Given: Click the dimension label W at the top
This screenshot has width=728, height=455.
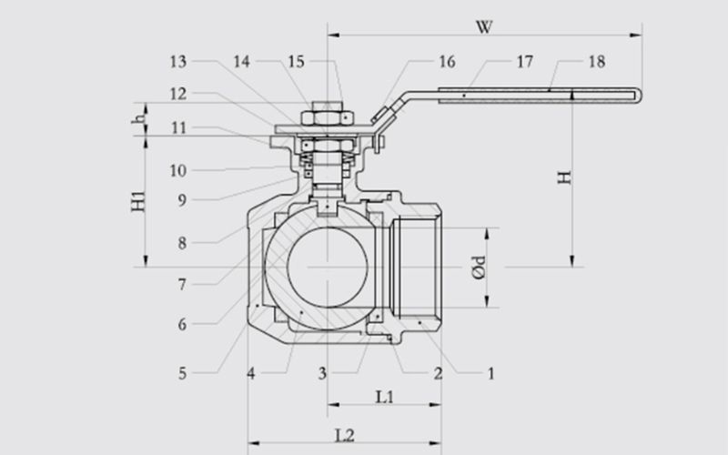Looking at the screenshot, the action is [x=484, y=27].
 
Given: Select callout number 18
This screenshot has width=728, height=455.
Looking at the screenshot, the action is [x=597, y=62].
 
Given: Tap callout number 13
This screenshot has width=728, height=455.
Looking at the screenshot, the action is [x=178, y=62].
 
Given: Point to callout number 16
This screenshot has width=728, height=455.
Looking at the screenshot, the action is [x=447, y=62].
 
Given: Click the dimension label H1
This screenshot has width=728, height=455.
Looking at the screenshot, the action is [x=138, y=202].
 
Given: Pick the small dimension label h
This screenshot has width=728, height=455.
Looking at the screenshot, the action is [x=138, y=119].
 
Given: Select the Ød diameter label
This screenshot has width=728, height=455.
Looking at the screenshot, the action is [x=479, y=268].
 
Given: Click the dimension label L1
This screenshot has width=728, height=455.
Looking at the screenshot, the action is [x=384, y=397].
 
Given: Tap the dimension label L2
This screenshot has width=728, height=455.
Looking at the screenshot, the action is [x=345, y=436].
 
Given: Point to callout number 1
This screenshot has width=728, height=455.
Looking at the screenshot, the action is [x=490, y=373].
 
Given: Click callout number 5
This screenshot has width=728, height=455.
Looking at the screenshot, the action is [x=183, y=373].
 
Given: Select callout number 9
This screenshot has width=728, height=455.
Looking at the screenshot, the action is [x=183, y=200].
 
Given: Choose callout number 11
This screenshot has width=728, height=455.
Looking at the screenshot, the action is [x=178, y=127].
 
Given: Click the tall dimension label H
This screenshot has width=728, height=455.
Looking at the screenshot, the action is [x=564, y=177].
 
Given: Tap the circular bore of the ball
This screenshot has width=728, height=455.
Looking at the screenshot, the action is [x=328, y=267].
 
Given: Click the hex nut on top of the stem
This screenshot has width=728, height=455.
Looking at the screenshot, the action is [x=328, y=117].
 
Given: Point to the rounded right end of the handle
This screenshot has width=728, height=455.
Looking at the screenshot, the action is [x=640, y=96].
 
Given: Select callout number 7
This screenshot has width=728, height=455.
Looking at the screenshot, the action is [x=183, y=284].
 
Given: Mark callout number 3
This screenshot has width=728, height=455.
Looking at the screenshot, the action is [x=323, y=373].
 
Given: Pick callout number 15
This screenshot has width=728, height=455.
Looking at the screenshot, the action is [x=297, y=62].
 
